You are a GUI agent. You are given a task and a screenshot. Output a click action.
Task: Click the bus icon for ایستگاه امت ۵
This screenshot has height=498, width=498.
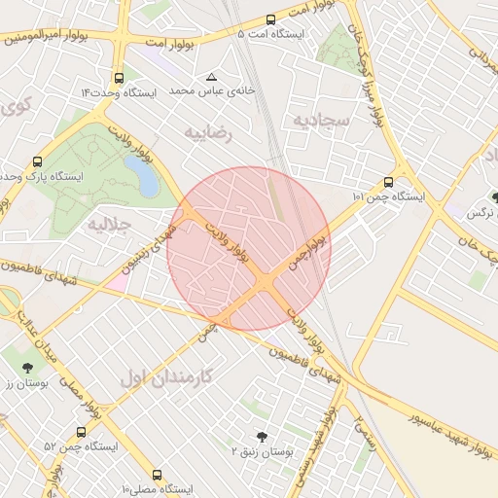(x=271, y=19)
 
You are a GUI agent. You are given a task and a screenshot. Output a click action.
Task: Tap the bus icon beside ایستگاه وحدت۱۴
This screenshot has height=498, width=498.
(x=119, y=78)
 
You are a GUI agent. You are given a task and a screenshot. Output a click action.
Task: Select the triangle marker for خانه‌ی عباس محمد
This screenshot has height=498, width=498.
(x=212, y=76)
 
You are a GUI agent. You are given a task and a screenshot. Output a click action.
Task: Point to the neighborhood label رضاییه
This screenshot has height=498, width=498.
(x=210, y=133)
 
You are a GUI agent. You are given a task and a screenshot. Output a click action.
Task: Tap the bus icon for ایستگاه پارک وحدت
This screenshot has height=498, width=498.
(x=38, y=162)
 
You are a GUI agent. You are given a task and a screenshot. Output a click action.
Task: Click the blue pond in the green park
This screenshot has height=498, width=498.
(x=142, y=175)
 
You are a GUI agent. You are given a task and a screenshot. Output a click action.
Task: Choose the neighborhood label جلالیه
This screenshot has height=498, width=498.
(x=109, y=226)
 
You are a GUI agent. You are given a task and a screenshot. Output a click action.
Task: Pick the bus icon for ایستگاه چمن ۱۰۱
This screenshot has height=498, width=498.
(x=389, y=182)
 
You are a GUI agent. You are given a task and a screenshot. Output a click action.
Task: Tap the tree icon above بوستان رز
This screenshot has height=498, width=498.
(x=26, y=368)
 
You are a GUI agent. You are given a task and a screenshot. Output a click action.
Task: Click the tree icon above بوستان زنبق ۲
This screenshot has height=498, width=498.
(x=261, y=437)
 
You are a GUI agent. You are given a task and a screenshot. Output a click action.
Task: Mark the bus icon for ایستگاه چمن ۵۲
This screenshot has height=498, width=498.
(x=81, y=432)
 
